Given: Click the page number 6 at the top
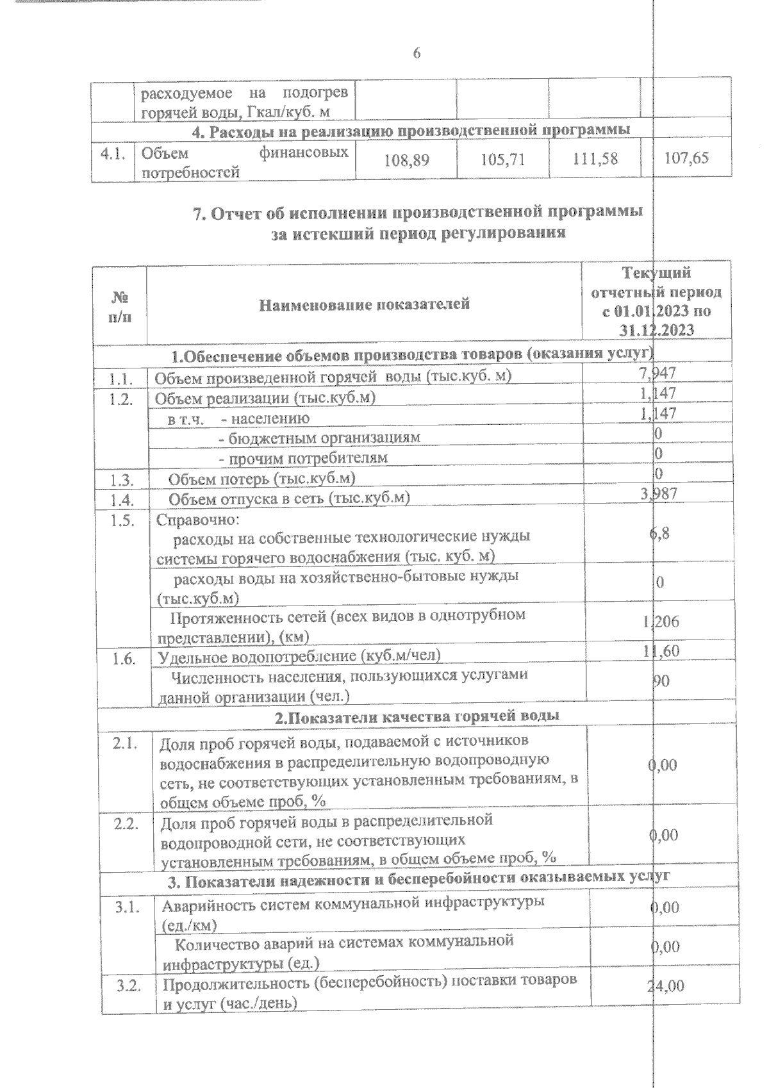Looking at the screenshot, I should click(417, 54).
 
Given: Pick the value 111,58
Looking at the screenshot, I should click(595, 159).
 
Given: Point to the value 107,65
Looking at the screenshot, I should click(686, 158).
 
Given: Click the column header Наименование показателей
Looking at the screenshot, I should click(364, 304).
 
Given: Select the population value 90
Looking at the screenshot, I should click(661, 680).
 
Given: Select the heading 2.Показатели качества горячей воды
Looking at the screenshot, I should click(417, 716).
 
